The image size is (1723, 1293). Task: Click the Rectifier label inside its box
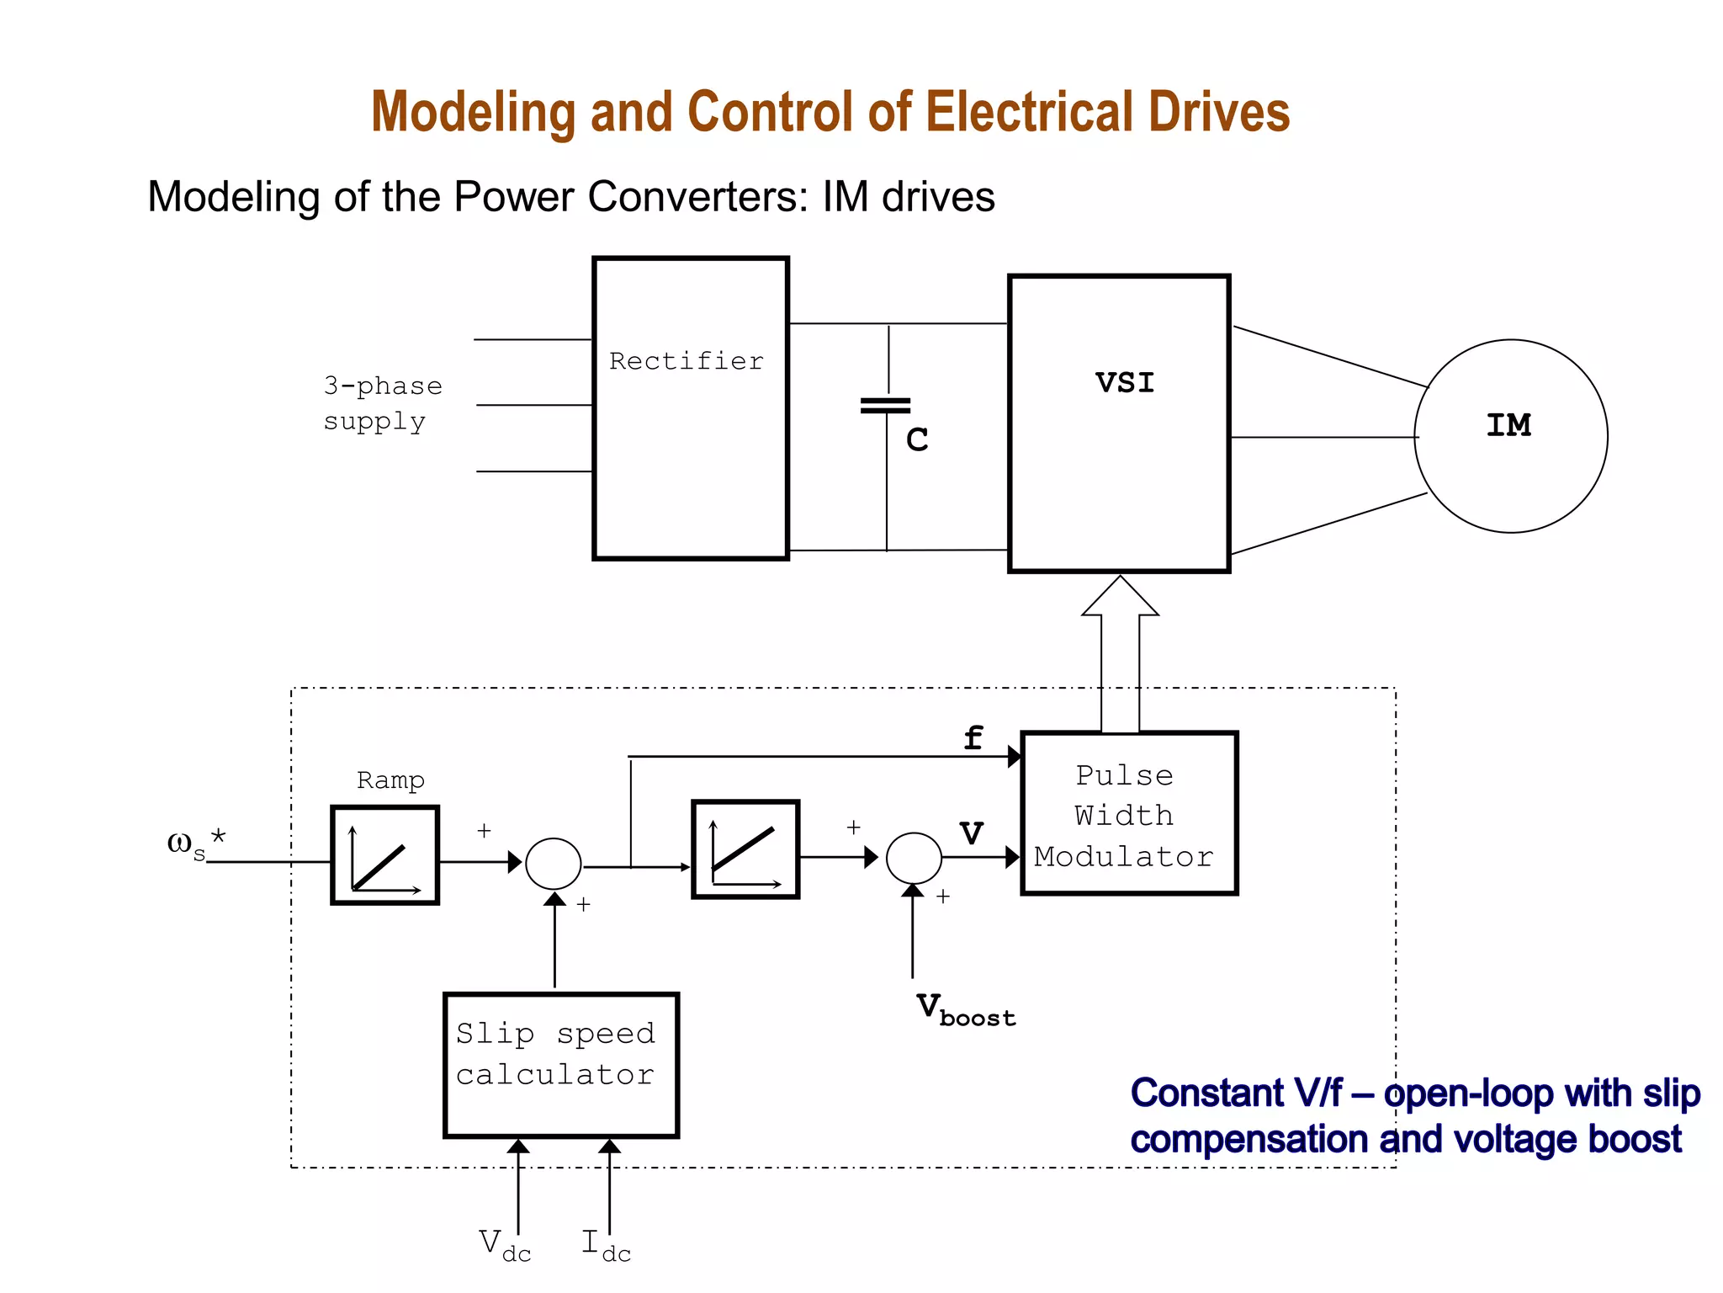pyautogui.click(x=687, y=361)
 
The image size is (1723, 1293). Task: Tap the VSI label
pyautogui.click(x=1125, y=383)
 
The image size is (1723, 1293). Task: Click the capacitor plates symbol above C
pyautogui.click(x=886, y=406)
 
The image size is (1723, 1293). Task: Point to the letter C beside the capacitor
pyautogui.click(x=917, y=439)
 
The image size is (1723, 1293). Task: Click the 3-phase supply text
pyautogui.click(x=383, y=403)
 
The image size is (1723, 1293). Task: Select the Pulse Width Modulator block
pyautogui.click(x=1128, y=814)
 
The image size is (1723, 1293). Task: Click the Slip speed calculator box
pyautogui.click(x=560, y=1065)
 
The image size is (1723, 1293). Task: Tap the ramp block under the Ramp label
pyautogui.click(x=385, y=855)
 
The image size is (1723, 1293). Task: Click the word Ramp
pyautogui.click(x=390, y=780)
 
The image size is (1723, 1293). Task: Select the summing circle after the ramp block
pyautogui.click(x=553, y=864)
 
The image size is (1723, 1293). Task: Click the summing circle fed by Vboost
pyautogui.click(x=914, y=858)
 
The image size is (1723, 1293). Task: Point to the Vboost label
pyautogui.click(x=965, y=1009)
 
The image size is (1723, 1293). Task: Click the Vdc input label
pyautogui.click(x=505, y=1245)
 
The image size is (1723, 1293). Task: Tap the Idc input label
pyautogui.click(x=606, y=1245)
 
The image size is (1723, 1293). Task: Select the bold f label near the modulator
pyautogui.click(x=973, y=738)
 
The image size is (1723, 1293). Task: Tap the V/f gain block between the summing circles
pyautogui.click(x=745, y=849)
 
